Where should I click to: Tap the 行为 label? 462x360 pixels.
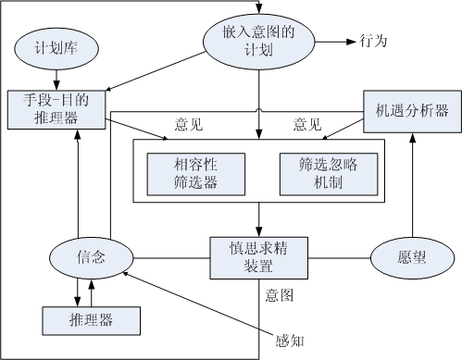[x=371, y=42]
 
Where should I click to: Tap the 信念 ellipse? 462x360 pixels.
[x=92, y=258]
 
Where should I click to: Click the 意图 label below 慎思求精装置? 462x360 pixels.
[x=279, y=296]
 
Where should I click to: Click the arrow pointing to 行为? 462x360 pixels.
[x=331, y=42]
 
